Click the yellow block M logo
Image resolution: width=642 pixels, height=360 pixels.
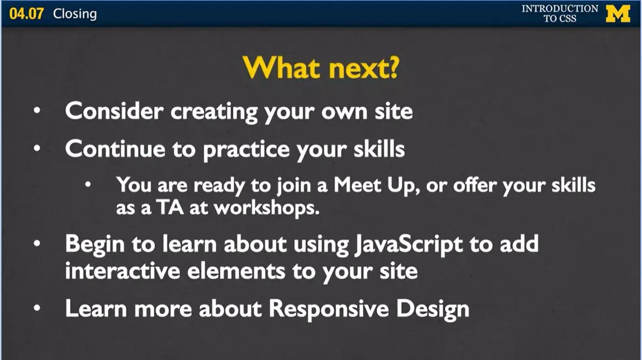pos(618,13)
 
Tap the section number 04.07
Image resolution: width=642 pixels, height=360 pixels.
pos(26,13)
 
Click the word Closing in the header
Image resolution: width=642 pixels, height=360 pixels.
pos(75,13)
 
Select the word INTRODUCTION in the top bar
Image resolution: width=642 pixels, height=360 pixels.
pos(560,9)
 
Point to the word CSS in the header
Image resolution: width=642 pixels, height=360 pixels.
pos(568,18)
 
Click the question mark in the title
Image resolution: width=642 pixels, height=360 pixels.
pos(394,67)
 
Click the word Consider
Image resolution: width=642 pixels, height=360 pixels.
pos(114,111)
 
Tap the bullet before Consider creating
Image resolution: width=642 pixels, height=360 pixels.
pos(37,110)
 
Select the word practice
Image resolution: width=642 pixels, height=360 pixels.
pos(246,149)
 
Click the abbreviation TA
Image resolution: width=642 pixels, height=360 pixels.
pos(170,207)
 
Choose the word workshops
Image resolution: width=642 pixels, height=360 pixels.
pos(266,208)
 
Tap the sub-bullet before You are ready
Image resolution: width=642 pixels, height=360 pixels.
pos(88,185)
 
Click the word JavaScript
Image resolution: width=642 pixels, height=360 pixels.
pos(409,245)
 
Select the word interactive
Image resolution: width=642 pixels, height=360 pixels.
pos(122,271)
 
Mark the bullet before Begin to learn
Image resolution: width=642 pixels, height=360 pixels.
pos(37,243)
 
